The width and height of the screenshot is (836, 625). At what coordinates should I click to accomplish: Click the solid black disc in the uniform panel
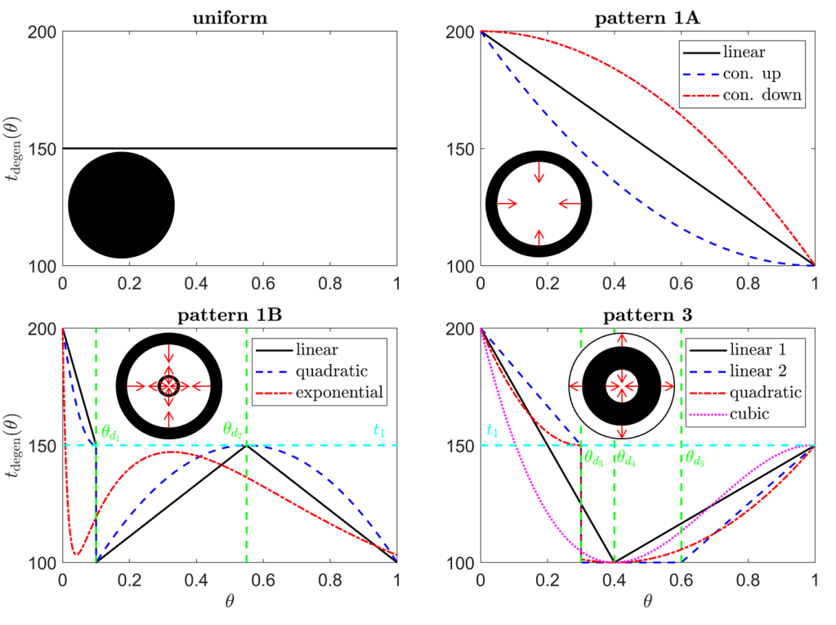(121, 205)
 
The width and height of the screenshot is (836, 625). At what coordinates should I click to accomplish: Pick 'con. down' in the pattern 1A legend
(762, 96)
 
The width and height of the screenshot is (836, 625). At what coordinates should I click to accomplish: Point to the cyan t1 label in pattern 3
(492, 430)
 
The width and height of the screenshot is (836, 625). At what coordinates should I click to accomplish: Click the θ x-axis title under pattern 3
(647, 603)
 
